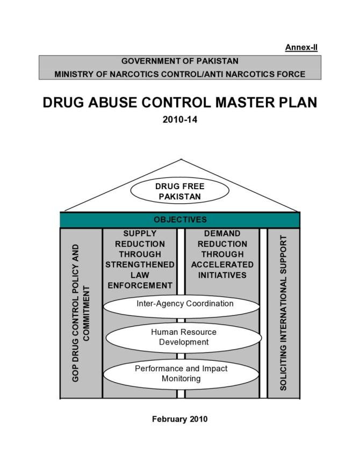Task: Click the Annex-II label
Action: [301, 48]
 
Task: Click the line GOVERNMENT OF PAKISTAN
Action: [179, 61]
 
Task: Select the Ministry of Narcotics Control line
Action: [179, 74]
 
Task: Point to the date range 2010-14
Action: [179, 120]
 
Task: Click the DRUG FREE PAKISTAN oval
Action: [179, 191]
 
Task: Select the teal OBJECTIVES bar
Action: [179, 220]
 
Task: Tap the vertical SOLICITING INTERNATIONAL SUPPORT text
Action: [283, 313]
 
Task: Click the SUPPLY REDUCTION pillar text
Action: [140, 260]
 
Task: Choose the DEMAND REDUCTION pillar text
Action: [222, 255]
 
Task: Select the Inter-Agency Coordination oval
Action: [184, 304]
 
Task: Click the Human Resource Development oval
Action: [183, 337]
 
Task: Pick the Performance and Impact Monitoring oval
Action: [181, 374]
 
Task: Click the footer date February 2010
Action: [179, 419]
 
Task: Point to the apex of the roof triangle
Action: [181, 160]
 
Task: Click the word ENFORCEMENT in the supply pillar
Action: [140, 285]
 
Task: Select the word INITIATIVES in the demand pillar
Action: [222, 275]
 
